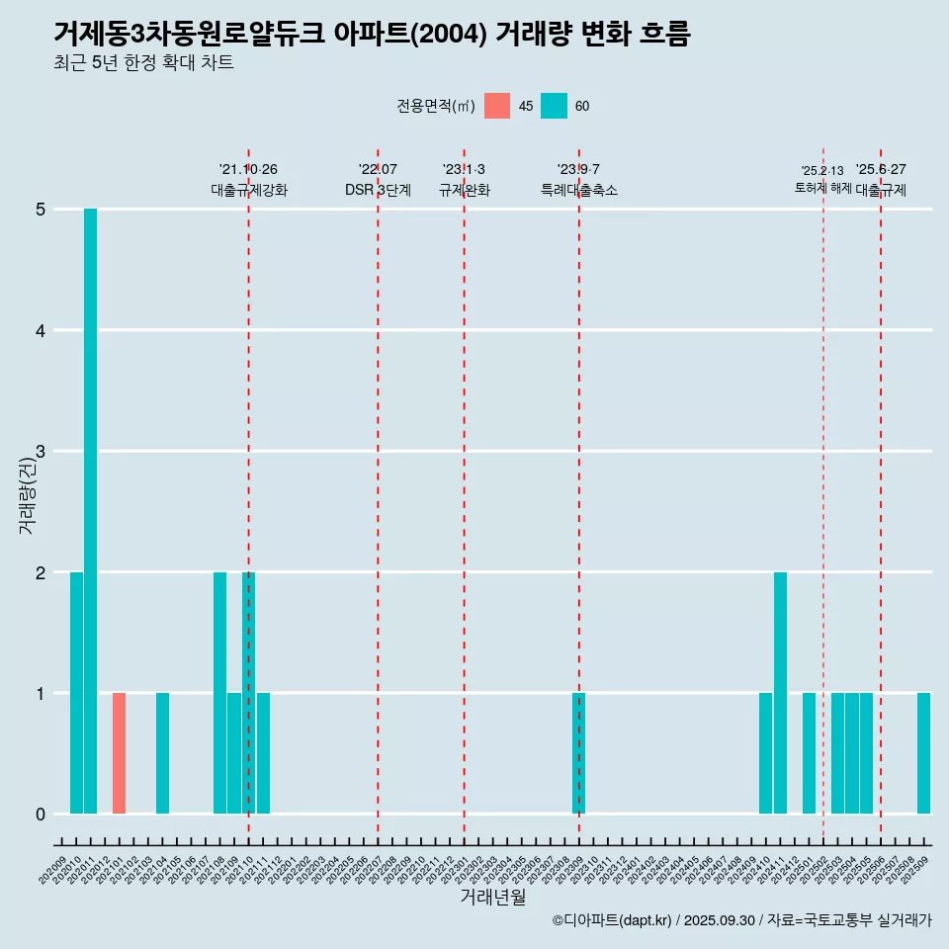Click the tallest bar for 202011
[x=90, y=511]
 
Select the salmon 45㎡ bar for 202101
[x=119, y=753]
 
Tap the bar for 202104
[x=162, y=753]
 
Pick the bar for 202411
[x=780, y=693]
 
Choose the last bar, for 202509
[x=923, y=753]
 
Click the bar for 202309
[x=579, y=753]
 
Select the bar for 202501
[x=809, y=753]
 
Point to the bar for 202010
[x=76, y=693]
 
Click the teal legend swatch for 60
[x=554, y=106]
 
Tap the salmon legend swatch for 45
[x=497, y=106]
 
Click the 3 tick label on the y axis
[x=41, y=452]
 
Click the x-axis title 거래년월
[x=492, y=897]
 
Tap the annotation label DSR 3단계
[x=378, y=190]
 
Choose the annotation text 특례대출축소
[x=579, y=190]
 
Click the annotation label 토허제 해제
[x=822, y=188]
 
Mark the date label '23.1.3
[x=464, y=169]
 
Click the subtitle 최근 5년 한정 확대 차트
[x=143, y=63]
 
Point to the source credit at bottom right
[x=741, y=920]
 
